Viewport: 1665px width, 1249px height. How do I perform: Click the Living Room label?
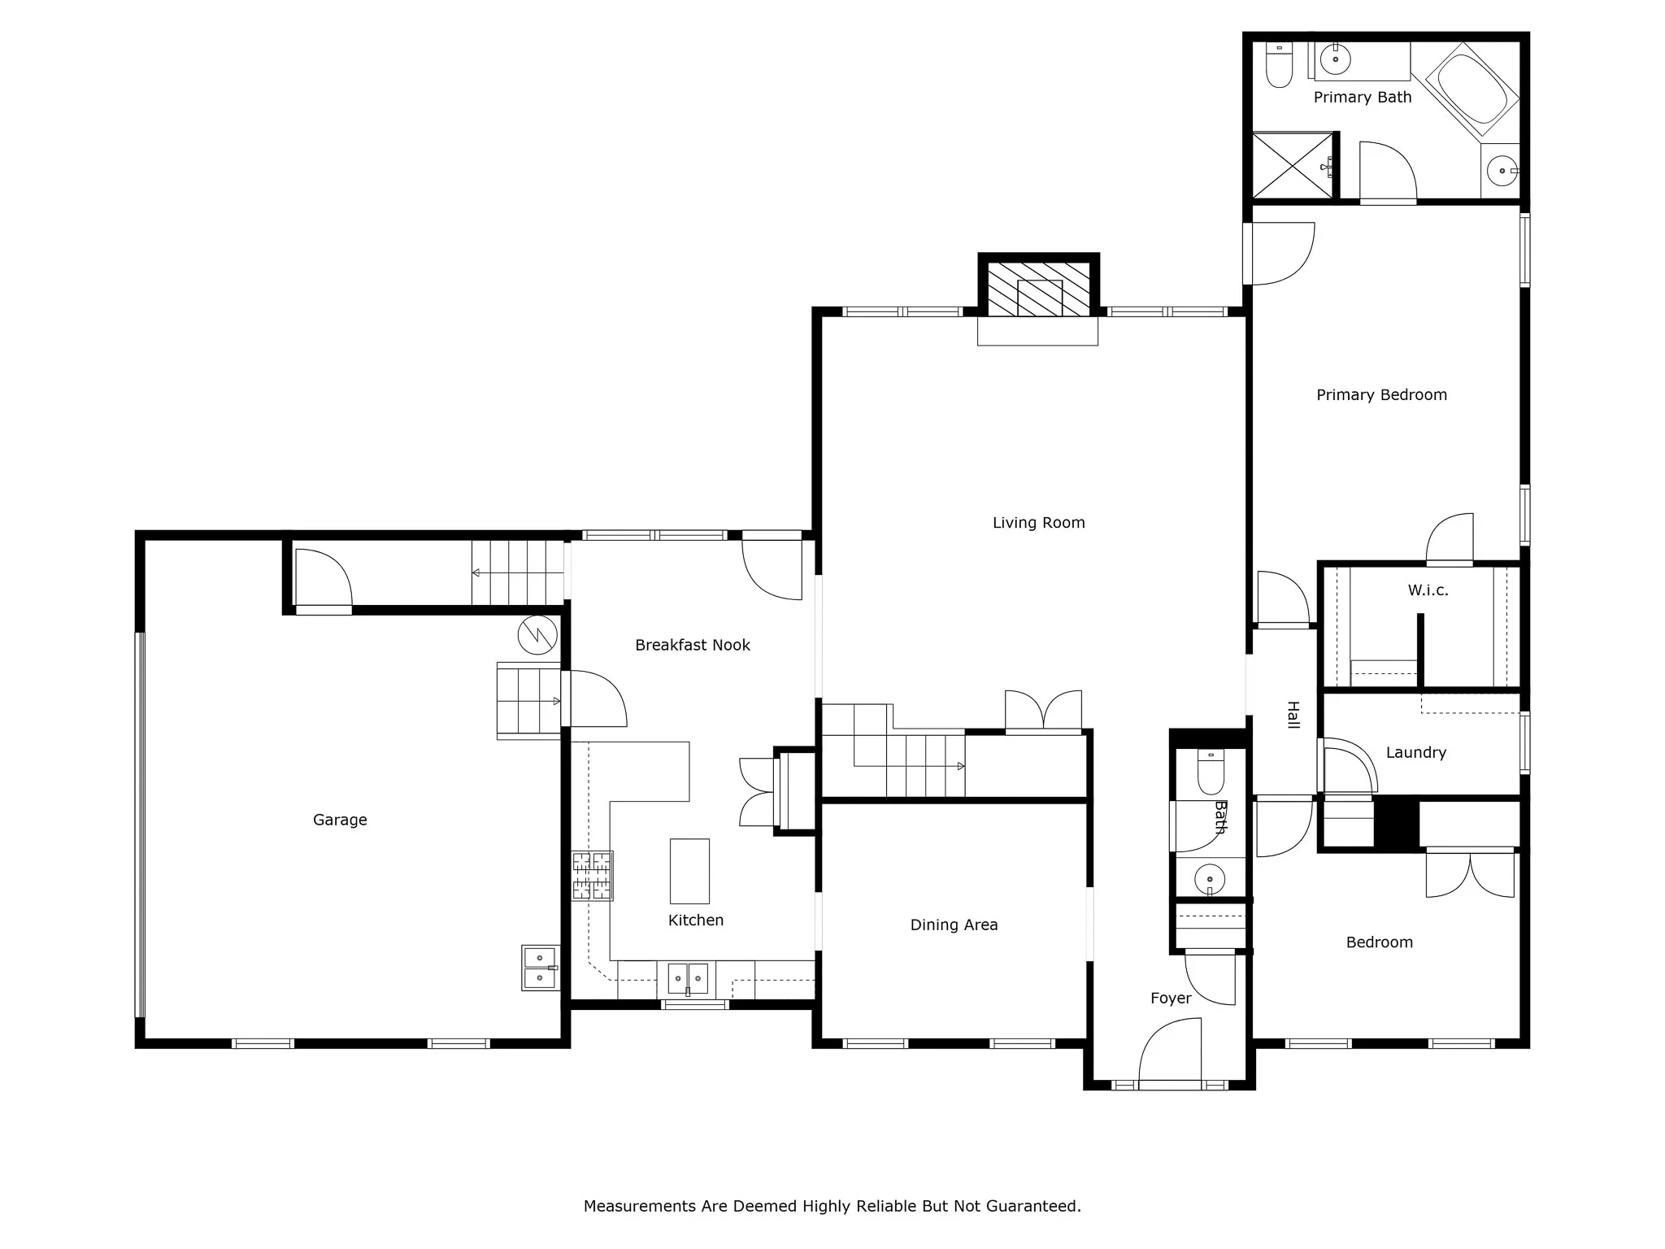(1038, 523)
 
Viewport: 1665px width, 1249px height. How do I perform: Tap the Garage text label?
(340, 820)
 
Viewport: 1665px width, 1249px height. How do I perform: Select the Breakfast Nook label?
(693, 645)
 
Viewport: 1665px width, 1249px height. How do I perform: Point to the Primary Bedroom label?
(1381, 395)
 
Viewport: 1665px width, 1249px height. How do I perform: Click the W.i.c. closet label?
(1428, 590)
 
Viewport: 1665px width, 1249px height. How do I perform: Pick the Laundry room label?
(1416, 753)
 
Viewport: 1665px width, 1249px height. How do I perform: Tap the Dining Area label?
(954, 925)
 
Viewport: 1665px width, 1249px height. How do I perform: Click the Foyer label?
(1171, 999)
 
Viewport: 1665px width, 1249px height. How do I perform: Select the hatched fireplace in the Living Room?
(1038, 289)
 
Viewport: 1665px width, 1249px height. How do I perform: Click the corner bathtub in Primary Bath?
(1472, 89)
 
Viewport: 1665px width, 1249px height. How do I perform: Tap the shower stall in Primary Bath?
(1293, 165)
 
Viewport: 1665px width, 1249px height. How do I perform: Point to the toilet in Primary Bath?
(1279, 64)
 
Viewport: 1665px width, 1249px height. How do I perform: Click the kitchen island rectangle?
(689, 871)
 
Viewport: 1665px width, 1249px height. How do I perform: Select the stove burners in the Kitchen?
(592, 876)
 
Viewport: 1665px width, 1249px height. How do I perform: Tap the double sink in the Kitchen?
(688, 978)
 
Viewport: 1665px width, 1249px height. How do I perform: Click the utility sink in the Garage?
(541, 967)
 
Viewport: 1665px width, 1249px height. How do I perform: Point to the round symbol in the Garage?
(537, 635)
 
